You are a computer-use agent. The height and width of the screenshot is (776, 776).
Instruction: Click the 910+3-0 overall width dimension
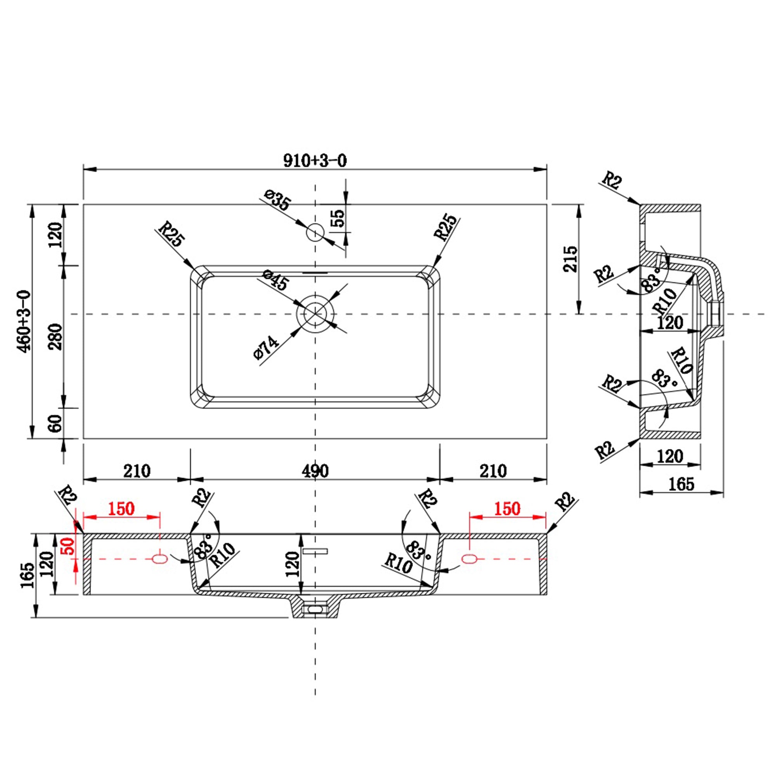pyautogui.click(x=315, y=161)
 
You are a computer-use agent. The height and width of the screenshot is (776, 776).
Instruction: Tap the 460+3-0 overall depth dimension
pyautogui.click(x=24, y=321)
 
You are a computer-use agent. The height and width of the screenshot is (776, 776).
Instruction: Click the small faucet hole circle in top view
pyautogui.click(x=315, y=232)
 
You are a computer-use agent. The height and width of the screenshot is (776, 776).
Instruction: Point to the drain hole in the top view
pyautogui.click(x=315, y=314)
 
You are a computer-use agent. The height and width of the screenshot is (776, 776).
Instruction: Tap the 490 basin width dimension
pyautogui.click(x=315, y=471)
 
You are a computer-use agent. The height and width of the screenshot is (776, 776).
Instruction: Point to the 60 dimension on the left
pyautogui.click(x=56, y=423)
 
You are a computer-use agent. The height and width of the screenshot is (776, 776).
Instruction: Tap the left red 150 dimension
pyautogui.click(x=121, y=509)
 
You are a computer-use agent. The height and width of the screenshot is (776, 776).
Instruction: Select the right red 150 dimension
pyautogui.click(x=507, y=509)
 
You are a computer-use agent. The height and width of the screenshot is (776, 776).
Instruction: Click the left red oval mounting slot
pyautogui.click(x=160, y=559)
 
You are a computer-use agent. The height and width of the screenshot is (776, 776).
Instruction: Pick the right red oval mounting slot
pyautogui.click(x=469, y=559)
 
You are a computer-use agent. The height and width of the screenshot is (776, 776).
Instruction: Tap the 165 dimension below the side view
pyautogui.click(x=681, y=484)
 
